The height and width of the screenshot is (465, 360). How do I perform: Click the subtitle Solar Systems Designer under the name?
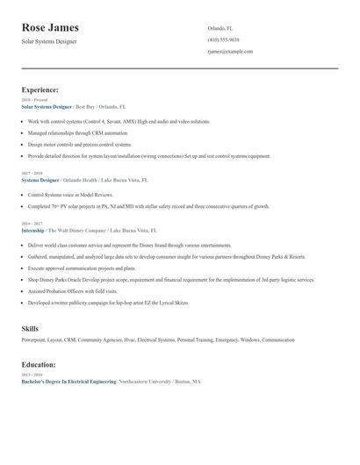[49, 41]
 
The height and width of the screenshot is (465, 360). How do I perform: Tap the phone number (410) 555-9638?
[223, 39]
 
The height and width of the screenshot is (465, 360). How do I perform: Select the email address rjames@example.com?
[230, 52]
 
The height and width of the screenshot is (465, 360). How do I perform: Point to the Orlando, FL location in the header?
[220, 28]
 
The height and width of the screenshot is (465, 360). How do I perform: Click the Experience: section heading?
[40, 89]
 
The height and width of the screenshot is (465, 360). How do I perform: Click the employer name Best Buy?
[86, 106]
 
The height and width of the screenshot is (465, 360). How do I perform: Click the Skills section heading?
[30, 328]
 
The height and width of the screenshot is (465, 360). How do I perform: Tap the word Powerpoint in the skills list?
[33, 340]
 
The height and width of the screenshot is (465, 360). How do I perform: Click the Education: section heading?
[39, 364]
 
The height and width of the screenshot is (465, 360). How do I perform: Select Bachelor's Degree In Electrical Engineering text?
[68, 382]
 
